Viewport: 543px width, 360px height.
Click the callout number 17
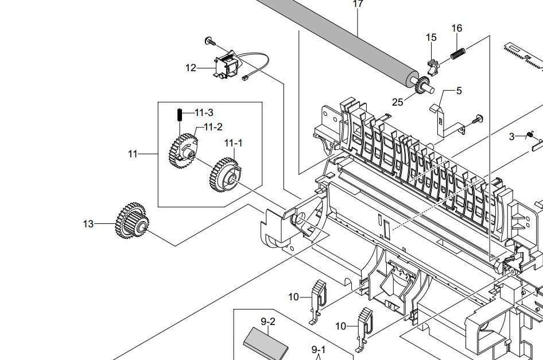(x=358, y=3)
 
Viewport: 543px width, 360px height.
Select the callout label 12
(x=191, y=68)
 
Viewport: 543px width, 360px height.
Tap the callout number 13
(x=88, y=224)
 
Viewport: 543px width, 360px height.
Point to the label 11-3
(x=204, y=113)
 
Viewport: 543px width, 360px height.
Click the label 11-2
(x=213, y=127)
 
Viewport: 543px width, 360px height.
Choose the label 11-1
(x=233, y=143)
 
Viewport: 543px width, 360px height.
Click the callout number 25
(x=398, y=102)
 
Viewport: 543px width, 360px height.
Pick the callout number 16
(x=457, y=28)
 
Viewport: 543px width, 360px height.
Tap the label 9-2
(x=268, y=322)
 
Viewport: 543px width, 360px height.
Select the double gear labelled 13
(x=133, y=221)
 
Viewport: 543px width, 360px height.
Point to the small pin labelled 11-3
(x=179, y=114)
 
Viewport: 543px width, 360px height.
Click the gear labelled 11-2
(x=183, y=150)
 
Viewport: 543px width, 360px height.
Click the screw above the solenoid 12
(x=210, y=41)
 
